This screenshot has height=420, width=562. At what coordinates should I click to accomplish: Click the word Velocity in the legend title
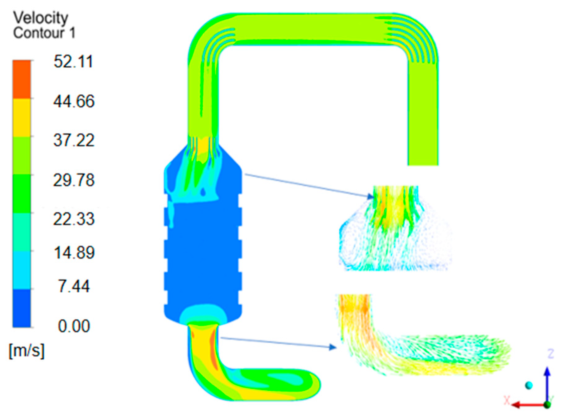point(41,18)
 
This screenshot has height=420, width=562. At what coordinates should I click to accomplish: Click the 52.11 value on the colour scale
point(73,61)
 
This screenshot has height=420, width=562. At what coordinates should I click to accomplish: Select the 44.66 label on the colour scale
point(74,101)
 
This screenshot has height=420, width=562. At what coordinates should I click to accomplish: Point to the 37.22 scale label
point(74,140)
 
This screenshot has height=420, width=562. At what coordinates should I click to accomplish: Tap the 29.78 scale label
point(74,180)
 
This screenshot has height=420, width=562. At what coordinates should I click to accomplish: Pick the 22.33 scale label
point(74,219)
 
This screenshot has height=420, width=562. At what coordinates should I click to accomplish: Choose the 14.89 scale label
point(74,253)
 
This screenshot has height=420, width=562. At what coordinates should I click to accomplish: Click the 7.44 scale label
point(74,286)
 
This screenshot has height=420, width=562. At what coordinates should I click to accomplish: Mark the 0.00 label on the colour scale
point(74,326)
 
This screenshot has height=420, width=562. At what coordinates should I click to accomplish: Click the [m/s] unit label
point(27,350)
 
